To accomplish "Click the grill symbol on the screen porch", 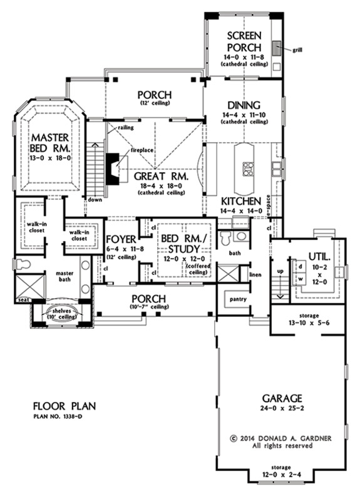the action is coord(277,48).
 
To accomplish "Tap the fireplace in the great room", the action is coord(113,168).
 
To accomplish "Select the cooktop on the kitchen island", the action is coord(248,169).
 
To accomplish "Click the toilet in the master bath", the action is coord(22,264).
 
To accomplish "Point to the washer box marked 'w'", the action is coord(301,279).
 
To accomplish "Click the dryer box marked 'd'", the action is coord(301,266).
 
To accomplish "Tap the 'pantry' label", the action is coord(238,299).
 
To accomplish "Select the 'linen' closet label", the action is coord(256,274).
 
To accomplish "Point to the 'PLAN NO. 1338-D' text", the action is coord(58,416).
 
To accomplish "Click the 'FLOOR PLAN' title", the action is coord(64,406).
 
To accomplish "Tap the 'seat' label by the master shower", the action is coord(23,300).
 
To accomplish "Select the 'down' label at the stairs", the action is coord(95,200).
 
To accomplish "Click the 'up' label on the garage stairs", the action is coord(280,271).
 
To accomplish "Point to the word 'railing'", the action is coord(126,128).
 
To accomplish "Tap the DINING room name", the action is coord(244,105).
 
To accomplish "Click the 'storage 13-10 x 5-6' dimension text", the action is coord(309,319).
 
